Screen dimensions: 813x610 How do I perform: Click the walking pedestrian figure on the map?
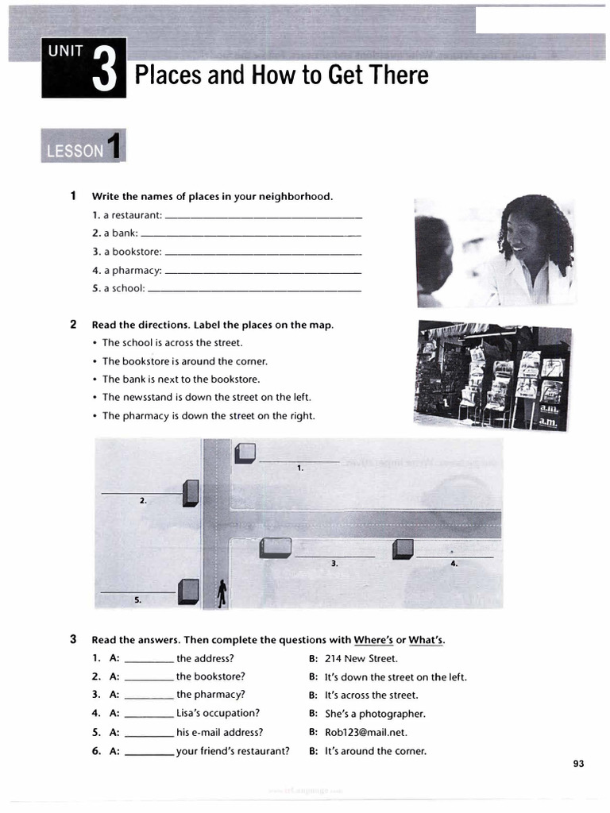point(222,592)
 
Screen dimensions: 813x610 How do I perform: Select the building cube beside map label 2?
point(191,493)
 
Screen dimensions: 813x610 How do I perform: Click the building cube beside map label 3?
point(276,548)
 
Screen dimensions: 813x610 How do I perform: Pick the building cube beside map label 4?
point(403,549)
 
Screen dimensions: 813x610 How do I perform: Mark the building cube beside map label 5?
point(188,591)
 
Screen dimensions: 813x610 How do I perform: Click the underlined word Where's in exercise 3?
point(373,640)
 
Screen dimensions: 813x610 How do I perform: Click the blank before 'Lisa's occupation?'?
point(149,714)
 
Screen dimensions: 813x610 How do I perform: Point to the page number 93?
point(577,764)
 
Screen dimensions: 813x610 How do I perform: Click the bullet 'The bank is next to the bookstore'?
point(181,379)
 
